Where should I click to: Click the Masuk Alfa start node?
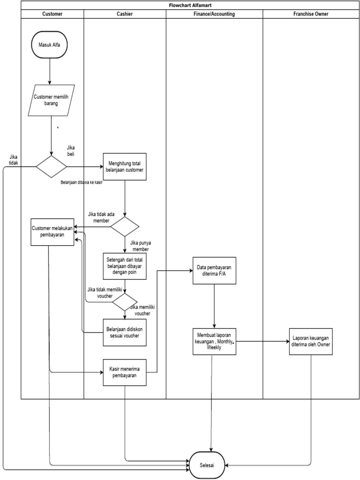[x=50, y=45]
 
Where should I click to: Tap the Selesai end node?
[x=207, y=465]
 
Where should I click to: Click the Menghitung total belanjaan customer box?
[x=125, y=166]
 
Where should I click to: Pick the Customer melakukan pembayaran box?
[x=52, y=232]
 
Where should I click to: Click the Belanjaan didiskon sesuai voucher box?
[x=125, y=332]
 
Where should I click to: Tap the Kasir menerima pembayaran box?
[x=125, y=372]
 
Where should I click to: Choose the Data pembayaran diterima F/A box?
[x=215, y=270]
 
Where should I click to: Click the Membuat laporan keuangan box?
[x=214, y=341]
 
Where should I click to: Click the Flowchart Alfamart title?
[x=190, y=5]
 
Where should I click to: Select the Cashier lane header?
[x=125, y=14]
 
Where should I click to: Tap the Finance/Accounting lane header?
[x=214, y=14]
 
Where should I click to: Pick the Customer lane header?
[x=52, y=14]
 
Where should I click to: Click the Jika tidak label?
[x=14, y=159]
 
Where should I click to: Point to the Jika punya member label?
[x=143, y=246]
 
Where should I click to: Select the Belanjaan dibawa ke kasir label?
[x=82, y=182]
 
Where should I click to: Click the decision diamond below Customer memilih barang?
[x=52, y=166]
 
